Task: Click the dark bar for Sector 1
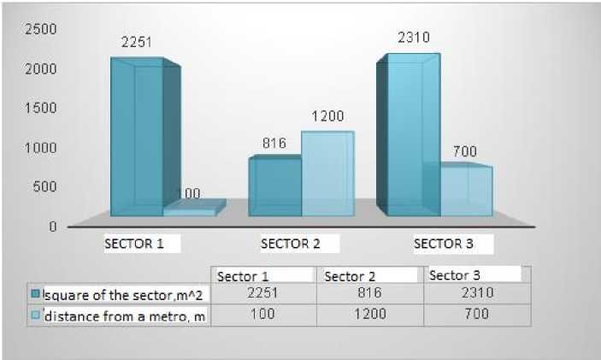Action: [137, 137]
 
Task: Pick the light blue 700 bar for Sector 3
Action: [467, 191]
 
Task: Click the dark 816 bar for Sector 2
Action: [274, 186]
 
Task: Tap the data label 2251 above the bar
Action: [136, 41]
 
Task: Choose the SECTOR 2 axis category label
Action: [290, 244]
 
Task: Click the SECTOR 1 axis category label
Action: [133, 243]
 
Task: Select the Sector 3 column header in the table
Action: [454, 275]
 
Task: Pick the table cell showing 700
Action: [475, 315]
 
